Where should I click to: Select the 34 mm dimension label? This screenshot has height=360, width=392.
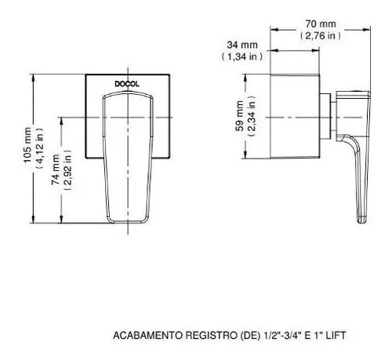tap(238, 45)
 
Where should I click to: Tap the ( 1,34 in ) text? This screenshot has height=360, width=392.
tap(238, 56)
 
